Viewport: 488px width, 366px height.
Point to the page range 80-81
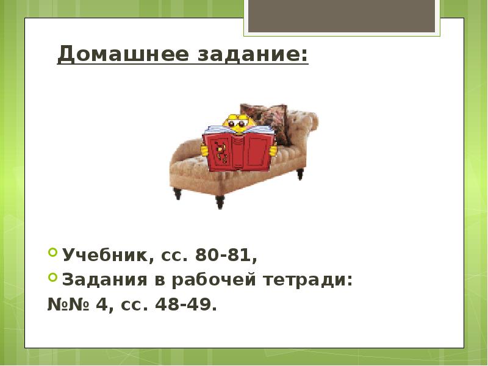tap(225, 256)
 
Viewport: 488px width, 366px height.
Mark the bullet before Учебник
tap(53, 253)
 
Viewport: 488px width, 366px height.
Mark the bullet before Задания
tap(53, 278)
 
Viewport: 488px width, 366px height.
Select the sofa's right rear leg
tap(300, 173)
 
